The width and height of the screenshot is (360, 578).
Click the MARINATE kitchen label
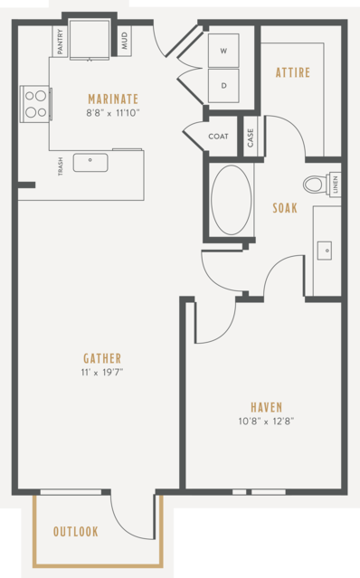pyautogui.click(x=113, y=99)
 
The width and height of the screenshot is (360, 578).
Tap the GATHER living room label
pyautogui.click(x=102, y=358)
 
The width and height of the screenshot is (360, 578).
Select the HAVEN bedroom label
pyautogui.click(x=267, y=407)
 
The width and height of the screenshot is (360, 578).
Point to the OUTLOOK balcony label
pyautogui.click(x=76, y=532)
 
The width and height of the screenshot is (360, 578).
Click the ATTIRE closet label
pyautogui.click(x=293, y=72)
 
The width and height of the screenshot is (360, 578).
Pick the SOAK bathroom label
pyautogui.click(x=285, y=208)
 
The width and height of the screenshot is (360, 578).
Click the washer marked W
pyautogui.click(x=223, y=51)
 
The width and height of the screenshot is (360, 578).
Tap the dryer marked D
pyautogui.click(x=223, y=86)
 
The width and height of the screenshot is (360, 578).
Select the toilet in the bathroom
pyautogui.click(x=317, y=184)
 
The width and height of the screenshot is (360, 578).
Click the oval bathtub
pyautogui.click(x=232, y=200)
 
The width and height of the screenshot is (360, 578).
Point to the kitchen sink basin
pyautogui.click(x=90, y=163)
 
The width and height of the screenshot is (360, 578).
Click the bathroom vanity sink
pyautogui.click(x=325, y=251)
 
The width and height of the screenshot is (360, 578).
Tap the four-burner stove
pyautogui.click(x=35, y=104)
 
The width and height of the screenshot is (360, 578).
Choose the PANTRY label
pyautogui.click(x=60, y=42)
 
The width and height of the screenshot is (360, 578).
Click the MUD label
pyautogui.click(x=124, y=41)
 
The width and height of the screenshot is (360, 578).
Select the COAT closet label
pyautogui.click(x=219, y=137)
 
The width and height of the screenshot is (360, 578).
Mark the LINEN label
pyautogui.click(x=335, y=185)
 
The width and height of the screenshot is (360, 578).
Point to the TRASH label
pyautogui.click(x=60, y=166)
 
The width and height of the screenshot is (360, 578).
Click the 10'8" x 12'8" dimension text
pyautogui.click(x=267, y=421)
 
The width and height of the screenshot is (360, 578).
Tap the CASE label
pyautogui.click(x=251, y=137)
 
